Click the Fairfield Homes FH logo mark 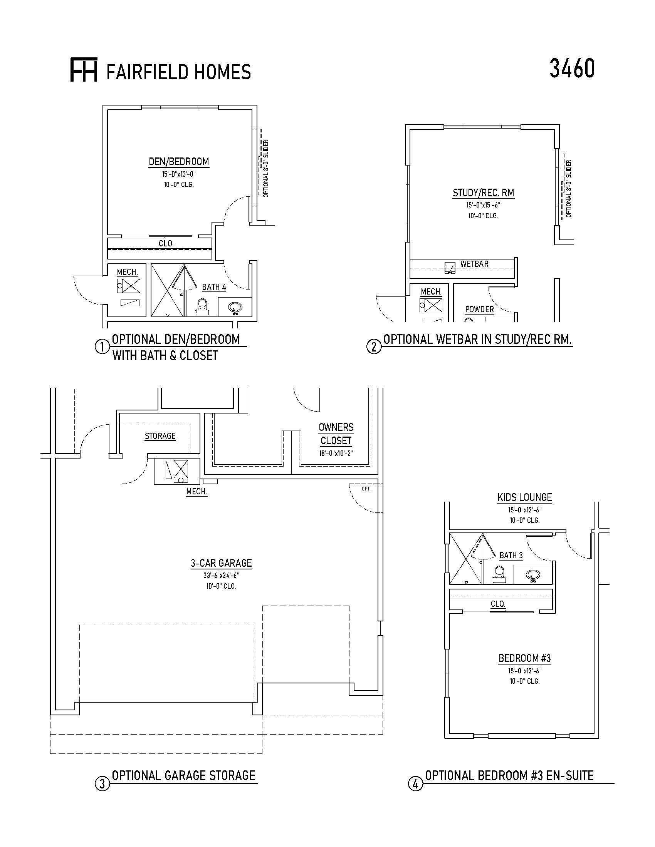[x=84, y=70]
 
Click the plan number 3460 [x=572, y=69]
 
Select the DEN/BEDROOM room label [x=179, y=162]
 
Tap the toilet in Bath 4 [x=202, y=306]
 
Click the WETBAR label [x=474, y=264]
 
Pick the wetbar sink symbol [x=450, y=268]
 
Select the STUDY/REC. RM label [x=484, y=193]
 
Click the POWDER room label [x=480, y=310]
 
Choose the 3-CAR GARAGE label [x=221, y=563]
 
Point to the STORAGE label [x=160, y=436]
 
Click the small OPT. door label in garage [x=366, y=489]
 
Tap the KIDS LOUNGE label [x=525, y=497]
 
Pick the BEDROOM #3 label [x=525, y=658]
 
